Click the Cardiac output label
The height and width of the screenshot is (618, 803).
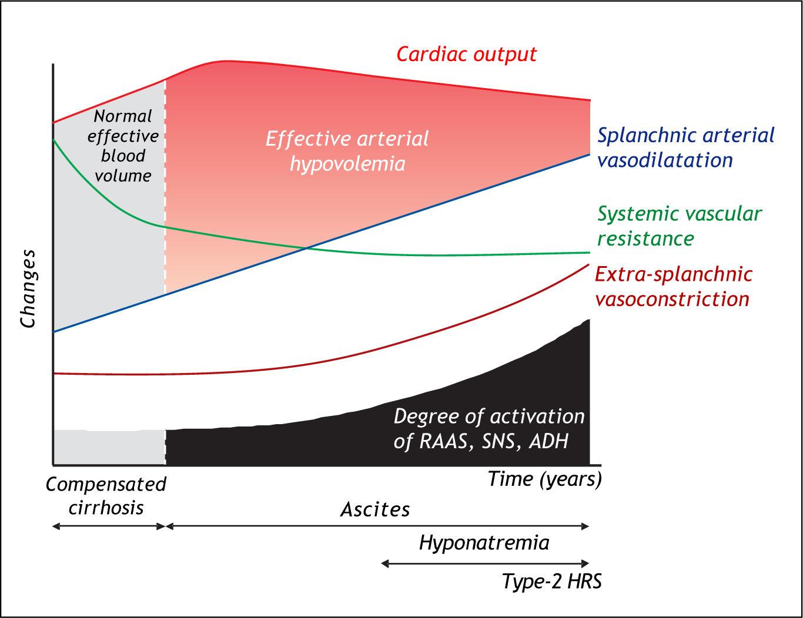(x=466, y=54)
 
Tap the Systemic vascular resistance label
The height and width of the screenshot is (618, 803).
(x=679, y=226)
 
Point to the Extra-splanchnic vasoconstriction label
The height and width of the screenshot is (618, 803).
(x=673, y=286)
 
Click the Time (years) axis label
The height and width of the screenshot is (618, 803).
(x=544, y=479)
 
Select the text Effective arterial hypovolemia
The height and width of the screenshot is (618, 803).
(x=347, y=150)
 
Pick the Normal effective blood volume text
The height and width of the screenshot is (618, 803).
(x=123, y=145)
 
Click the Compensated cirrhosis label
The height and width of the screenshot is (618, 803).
(x=106, y=495)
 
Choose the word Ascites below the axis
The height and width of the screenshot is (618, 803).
(x=375, y=509)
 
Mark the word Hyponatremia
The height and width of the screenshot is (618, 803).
(x=484, y=542)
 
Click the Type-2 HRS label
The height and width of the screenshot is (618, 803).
(x=551, y=582)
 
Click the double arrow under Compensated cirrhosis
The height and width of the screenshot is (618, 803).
(x=109, y=526)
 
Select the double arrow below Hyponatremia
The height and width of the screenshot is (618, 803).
(x=485, y=563)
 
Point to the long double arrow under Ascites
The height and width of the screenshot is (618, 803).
(x=376, y=526)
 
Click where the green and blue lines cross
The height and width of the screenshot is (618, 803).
(x=306, y=247)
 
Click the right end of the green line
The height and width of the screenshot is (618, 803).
(x=588, y=253)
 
